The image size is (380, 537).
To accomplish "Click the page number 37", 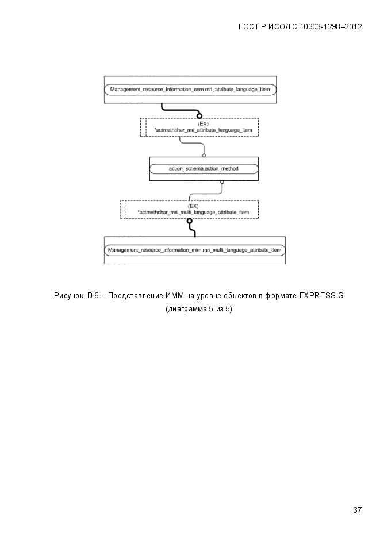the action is [x=357, y=510].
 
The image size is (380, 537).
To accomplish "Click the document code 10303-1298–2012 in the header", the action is [x=331, y=27].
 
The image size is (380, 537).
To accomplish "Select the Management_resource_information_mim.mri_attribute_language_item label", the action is [x=190, y=90].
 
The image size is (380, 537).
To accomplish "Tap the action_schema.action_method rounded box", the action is [x=204, y=168].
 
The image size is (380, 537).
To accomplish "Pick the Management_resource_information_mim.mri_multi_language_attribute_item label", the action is [x=195, y=250].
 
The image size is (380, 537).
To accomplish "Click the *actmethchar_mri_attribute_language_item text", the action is [x=203, y=130].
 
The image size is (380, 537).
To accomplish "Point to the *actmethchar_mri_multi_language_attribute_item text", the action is [x=193, y=213].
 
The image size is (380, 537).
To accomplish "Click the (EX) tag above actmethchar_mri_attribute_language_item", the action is [x=203, y=123].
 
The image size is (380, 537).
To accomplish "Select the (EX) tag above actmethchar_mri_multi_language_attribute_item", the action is [x=193, y=206].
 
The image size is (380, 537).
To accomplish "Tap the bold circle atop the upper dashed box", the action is [x=199, y=116].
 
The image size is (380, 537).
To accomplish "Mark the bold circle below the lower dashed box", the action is [x=189, y=221].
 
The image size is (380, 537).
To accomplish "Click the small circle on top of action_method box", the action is [x=204, y=156].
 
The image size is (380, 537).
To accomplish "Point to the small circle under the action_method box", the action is [x=222, y=182].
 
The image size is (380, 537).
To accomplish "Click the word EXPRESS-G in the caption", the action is [x=321, y=295].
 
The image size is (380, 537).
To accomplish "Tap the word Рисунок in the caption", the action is [x=68, y=296].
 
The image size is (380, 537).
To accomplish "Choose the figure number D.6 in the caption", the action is [x=93, y=295].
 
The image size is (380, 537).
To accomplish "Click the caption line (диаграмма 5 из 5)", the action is [x=199, y=309].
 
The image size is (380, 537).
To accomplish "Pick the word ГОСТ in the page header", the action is [x=249, y=27].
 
